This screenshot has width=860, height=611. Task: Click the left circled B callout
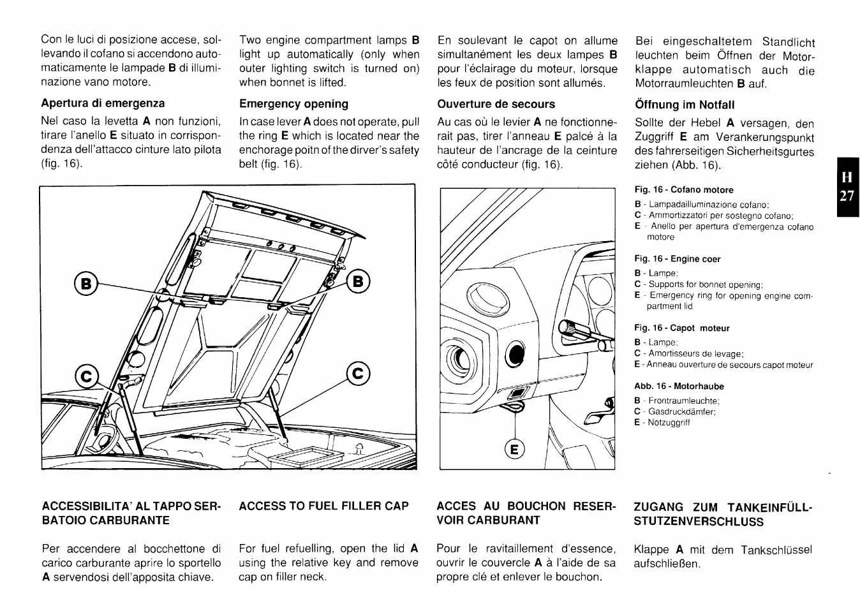pyautogui.click(x=84, y=282)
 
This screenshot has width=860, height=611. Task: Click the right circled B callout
pyautogui.click(x=359, y=281)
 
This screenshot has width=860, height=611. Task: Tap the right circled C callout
pyautogui.click(x=359, y=372)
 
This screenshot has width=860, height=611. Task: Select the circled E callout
pyautogui.click(x=515, y=449)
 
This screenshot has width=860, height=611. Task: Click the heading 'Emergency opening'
pyautogui.click(x=293, y=104)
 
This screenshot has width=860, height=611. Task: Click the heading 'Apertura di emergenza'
pyautogui.click(x=103, y=103)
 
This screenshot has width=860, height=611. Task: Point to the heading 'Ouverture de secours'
pyautogui.click(x=496, y=104)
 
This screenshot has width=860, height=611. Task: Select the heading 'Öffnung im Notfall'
pyautogui.click(x=685, y=105)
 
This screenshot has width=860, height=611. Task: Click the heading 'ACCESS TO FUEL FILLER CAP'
pyautogui.click(x=323, y=506)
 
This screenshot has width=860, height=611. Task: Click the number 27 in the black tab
pyautogui.click(x=846, y=196)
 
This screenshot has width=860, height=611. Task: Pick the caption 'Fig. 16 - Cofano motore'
pyautogui.click(x=683, y=190)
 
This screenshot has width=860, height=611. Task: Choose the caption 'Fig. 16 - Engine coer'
pyautogui.click(x=677, y=259)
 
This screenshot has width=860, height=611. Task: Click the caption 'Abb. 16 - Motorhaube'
pyautogui.click(x=679, y=386)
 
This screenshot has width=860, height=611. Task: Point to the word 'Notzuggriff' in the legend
pyautogui.click(x=669, y=422)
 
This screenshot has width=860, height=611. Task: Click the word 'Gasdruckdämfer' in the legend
pyautogui.click(x=681, y=411)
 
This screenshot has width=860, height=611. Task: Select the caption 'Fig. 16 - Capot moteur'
pyautogui.click(x=681, y=328)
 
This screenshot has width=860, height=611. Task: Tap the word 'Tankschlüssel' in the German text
pyautogui.click(x=779, y=550)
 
